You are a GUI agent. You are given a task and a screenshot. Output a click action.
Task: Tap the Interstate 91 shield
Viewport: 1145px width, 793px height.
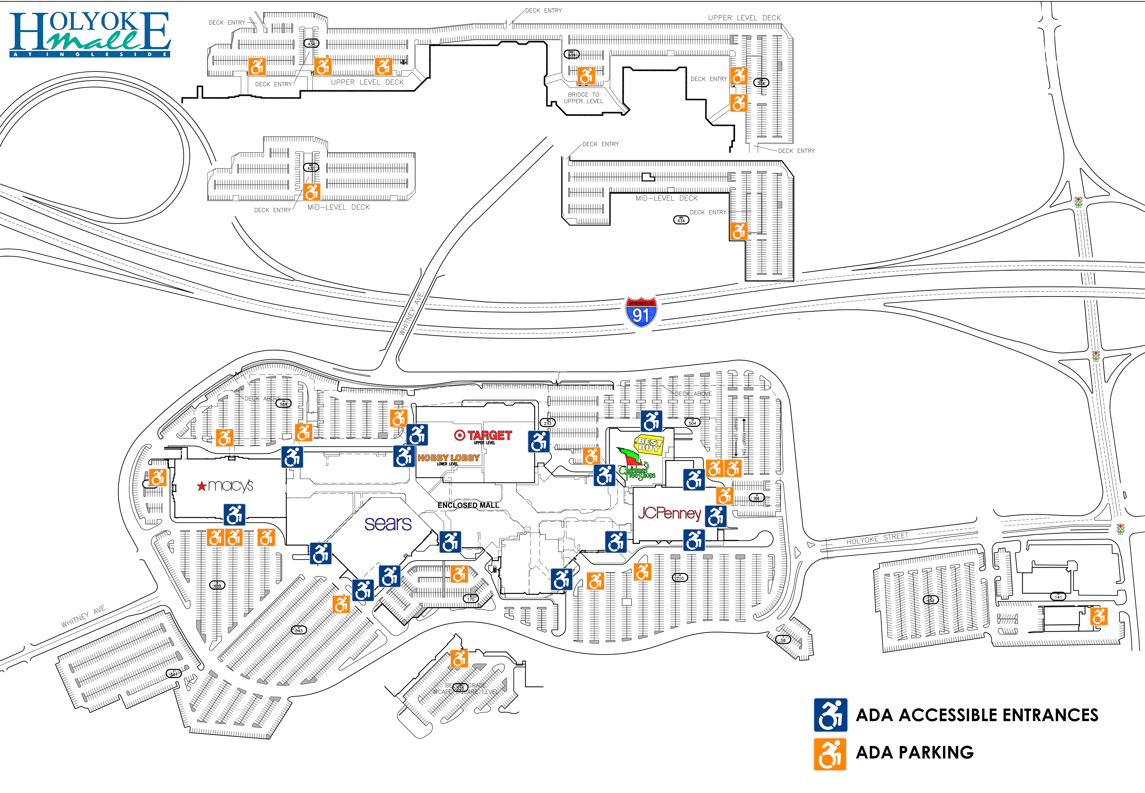coord(641,312)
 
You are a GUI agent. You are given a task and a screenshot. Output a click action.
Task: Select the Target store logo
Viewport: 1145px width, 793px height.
coord(483,436)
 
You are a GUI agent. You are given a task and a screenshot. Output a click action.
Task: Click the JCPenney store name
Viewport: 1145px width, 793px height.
coord(669,513)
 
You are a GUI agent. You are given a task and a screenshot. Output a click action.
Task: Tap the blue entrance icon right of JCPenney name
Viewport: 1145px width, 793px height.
coord(715,516)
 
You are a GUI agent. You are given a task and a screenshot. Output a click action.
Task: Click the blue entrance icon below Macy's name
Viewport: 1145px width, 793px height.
coord(234,514)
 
